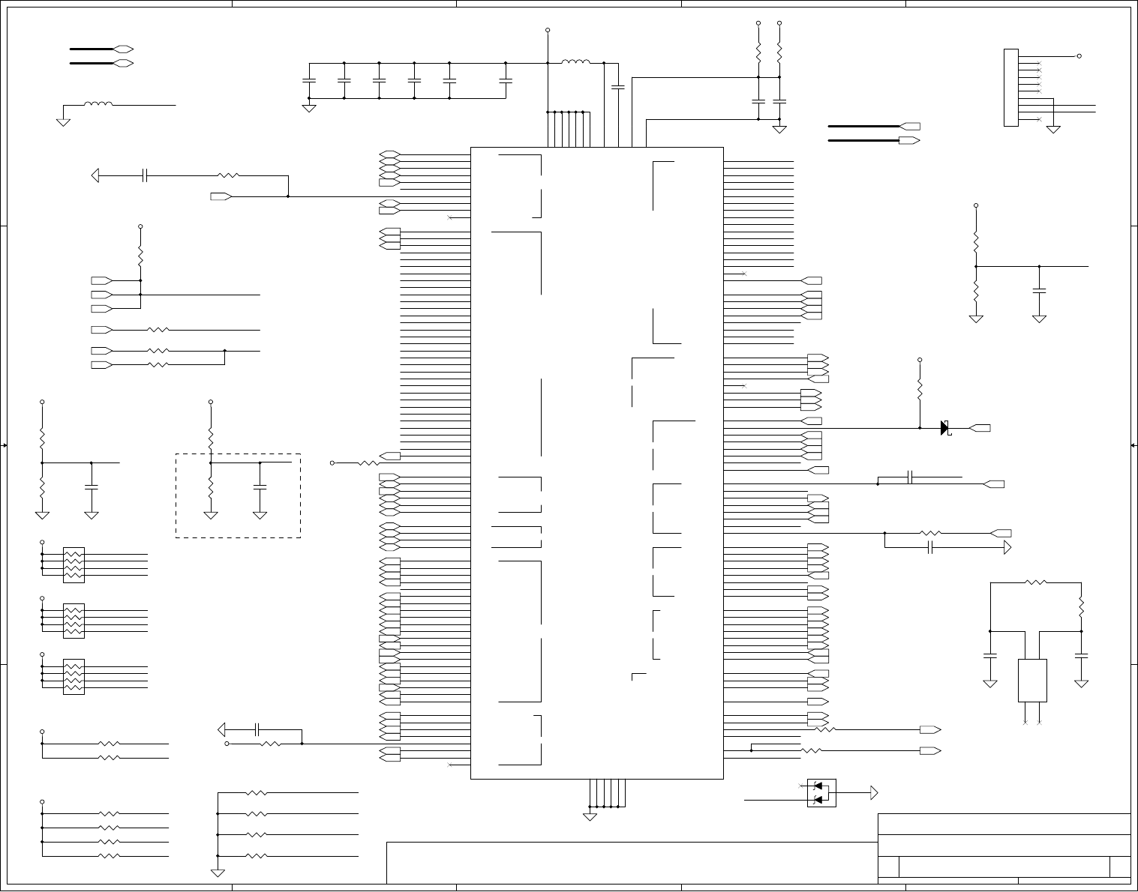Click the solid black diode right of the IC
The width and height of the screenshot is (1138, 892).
click(x=945, y=428)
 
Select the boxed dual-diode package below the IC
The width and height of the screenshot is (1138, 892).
click(x=821, y=793)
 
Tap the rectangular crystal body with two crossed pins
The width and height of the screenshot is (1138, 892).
click(x=1032, y=681)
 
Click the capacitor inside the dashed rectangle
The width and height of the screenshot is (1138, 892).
click(x=260, y=487)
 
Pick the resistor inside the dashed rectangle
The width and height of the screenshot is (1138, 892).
click(x=211, y=487)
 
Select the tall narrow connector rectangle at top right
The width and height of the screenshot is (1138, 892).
click(x=1010, y=88)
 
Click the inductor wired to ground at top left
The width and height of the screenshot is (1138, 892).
click(x=98, y=105)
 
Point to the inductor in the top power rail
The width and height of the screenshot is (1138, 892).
click(x=575, y=63)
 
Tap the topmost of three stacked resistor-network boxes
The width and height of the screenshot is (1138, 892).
click(x=74, y=564)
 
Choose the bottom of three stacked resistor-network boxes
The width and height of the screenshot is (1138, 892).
click(x=74, y=677)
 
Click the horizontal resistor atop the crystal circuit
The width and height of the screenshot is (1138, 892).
click(x=1035, y=582)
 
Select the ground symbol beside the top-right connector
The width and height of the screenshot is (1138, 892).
click(x=1054, y=129)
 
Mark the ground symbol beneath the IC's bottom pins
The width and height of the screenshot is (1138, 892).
click(x=590, y=816)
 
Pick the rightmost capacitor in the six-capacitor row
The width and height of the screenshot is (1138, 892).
click(x=506, y=80)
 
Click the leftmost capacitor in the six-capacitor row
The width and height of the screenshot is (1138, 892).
click(x=308, y=80)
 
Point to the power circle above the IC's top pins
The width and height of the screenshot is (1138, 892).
click(x=548, y=31)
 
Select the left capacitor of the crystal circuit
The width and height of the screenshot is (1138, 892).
click(x=990, y=656)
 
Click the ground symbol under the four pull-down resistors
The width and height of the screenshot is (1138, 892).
click(x=218, y=872)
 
